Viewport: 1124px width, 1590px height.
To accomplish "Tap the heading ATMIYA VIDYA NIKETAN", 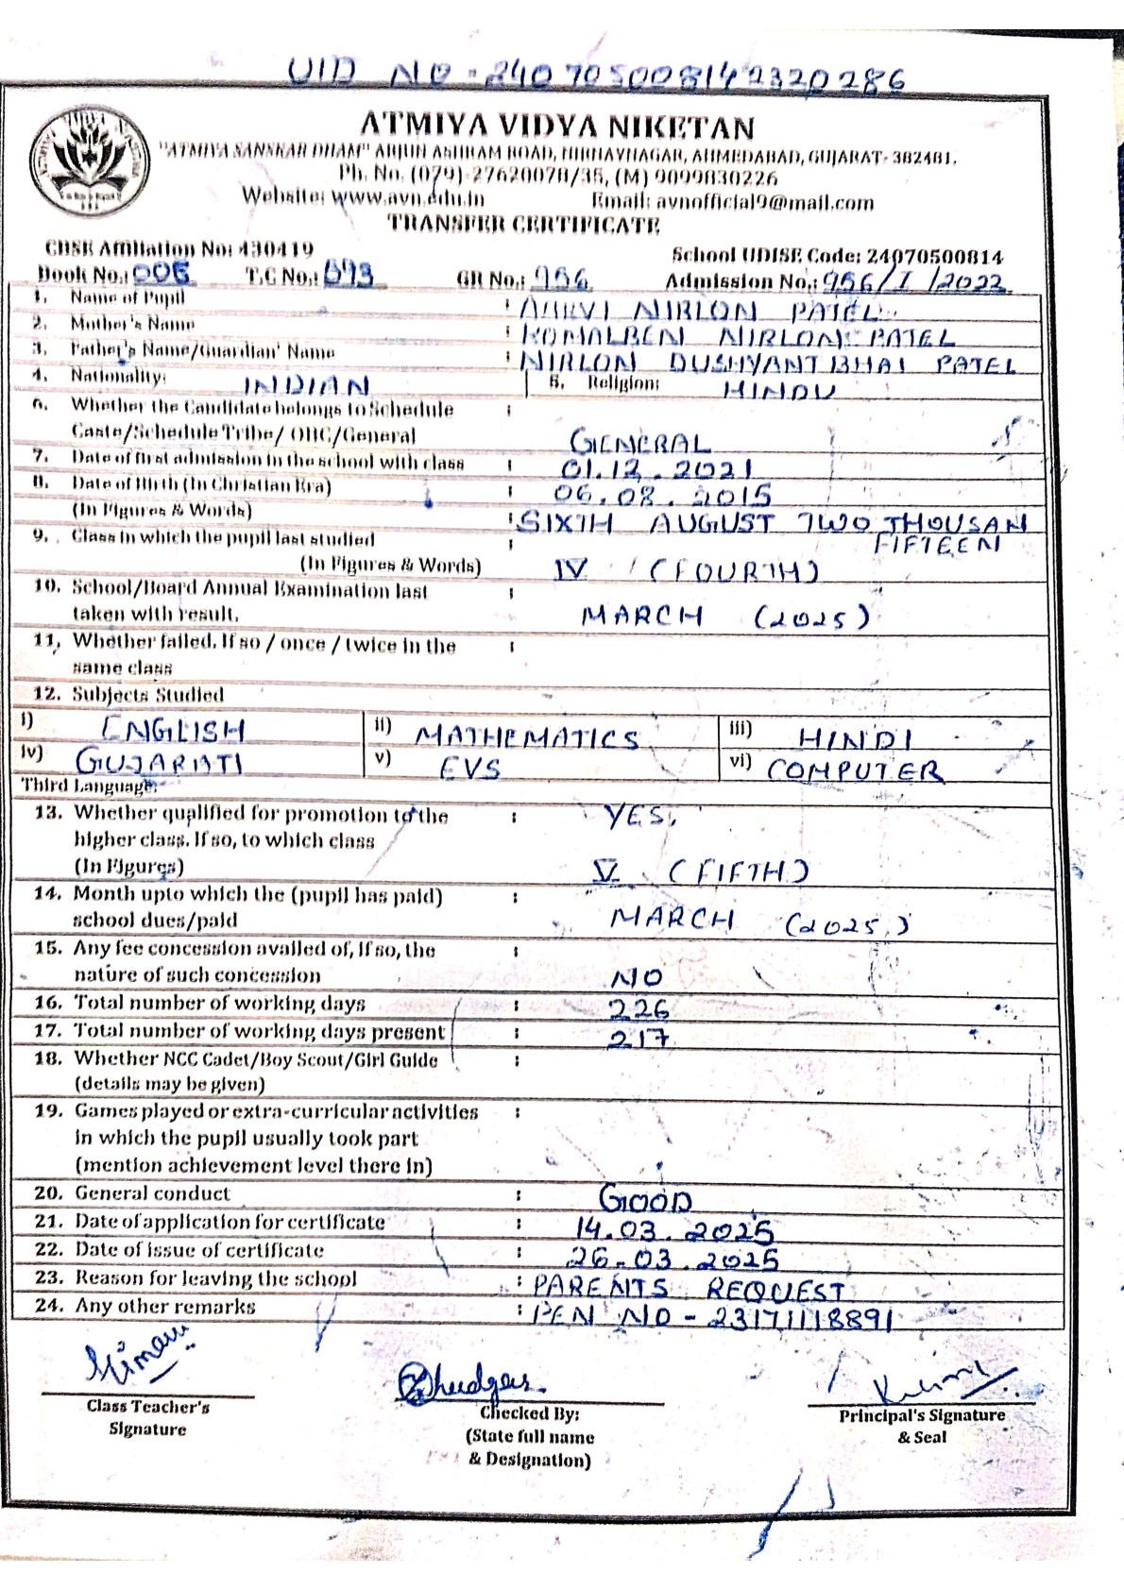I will (557, 126).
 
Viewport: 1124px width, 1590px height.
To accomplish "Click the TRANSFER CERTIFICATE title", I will (524, 225).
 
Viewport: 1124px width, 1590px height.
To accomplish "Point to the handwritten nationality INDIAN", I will (306, 385).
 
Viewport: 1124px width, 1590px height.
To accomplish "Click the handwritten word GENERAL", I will (639, 442).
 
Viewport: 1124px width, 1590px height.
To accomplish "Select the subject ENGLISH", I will (173, 730).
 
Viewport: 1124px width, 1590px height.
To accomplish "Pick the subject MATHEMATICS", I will (527, 737).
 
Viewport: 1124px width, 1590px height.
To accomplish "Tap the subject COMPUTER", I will (854, 770).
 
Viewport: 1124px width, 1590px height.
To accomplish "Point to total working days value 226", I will (638, 1008).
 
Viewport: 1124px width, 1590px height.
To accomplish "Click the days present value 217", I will (639, 1037).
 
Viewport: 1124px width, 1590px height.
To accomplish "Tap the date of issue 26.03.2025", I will (672, 1258).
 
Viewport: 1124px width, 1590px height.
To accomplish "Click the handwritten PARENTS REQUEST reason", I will (688, 1287).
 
